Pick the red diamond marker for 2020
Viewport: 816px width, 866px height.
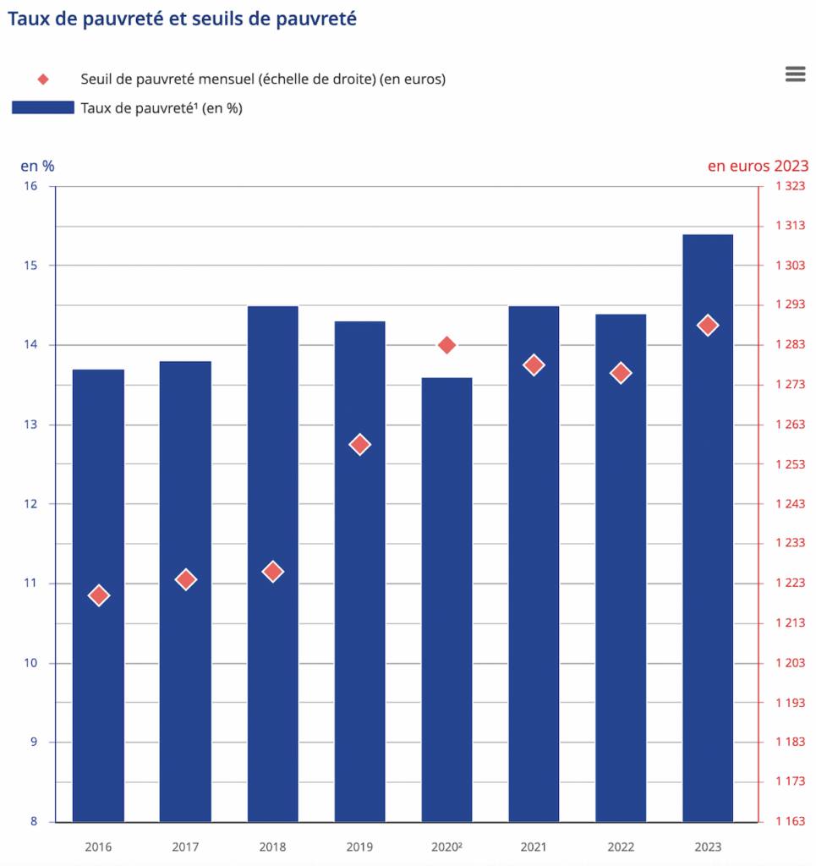pos(446,345)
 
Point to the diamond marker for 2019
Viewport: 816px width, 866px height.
pos(359,445)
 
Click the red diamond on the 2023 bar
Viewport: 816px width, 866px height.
pos(708,326)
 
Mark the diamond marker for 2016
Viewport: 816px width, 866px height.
pos(99,595)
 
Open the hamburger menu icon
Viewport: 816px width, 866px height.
pos(795,74)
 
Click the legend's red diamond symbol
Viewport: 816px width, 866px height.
pos(43,79)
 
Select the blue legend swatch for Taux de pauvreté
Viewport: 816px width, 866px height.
pos(43,107)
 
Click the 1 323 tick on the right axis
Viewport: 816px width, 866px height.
pos(790,186)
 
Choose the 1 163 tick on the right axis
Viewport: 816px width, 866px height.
pos(790,821)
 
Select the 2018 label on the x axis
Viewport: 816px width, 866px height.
pos(272,847)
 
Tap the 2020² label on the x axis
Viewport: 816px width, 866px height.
pos(446,847)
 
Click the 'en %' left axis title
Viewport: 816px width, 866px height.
pos(37,166)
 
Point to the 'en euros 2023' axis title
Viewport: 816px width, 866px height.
pos(758,166)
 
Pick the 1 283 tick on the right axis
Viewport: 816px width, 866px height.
pos(790,345)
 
